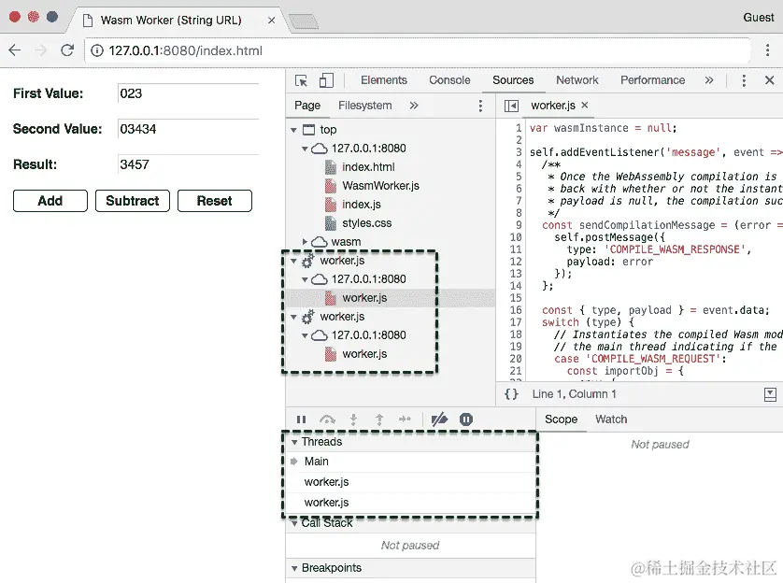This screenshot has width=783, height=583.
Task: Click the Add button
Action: (x=50, y=201)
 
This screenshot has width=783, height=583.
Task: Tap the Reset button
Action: (x=214, y=201)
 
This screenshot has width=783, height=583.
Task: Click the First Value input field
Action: (x=187, y=93)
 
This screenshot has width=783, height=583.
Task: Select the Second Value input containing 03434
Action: (x=187, y=129)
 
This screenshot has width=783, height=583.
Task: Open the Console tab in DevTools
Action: (x=449, y=80)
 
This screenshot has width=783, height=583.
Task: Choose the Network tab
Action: (x=577, y=80)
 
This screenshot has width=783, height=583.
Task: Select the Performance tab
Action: (x=652, y=80)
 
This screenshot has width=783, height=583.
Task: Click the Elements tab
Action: (x=383, y=80)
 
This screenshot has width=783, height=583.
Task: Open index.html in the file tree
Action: (x=368, y=167)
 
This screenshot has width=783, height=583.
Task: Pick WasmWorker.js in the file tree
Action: (x=380, y=186)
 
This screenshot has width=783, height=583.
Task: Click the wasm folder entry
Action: (x=345, y=242)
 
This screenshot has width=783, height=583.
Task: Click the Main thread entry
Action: (x=317, y=462)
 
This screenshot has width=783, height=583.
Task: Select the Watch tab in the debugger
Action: (x=611, y=419)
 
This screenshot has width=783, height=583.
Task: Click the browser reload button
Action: (x=67, y=50)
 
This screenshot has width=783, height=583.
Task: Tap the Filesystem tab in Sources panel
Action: (x=364, y=106)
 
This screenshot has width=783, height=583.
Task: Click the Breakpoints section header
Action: (x=331, y=568)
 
